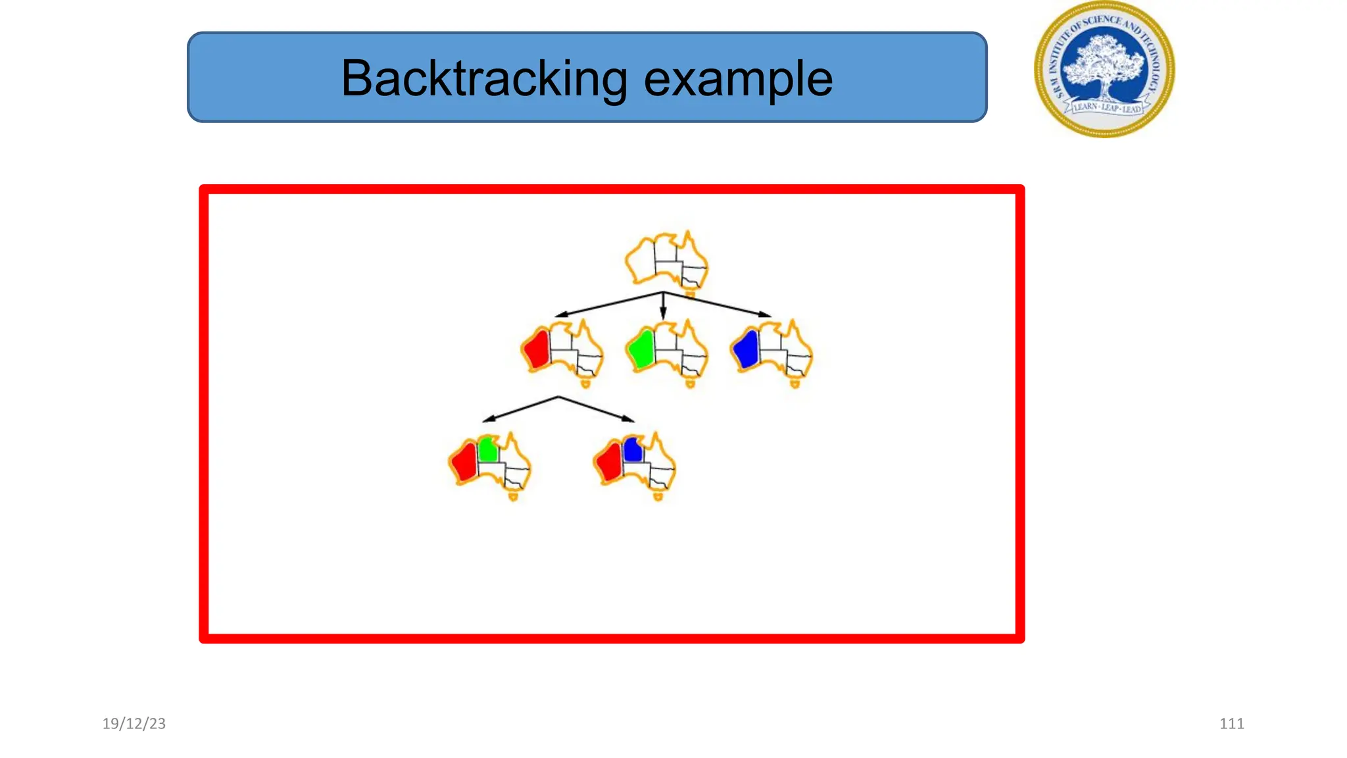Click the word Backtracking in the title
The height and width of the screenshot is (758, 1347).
pos(483,79)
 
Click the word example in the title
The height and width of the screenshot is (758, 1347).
pos(738,79)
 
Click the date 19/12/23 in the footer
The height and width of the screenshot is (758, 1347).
pos(134,723)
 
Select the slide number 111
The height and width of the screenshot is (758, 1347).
pos(1231,723)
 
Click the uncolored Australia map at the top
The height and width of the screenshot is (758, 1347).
pos(666,259)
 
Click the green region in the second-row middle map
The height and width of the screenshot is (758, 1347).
pos(641,349)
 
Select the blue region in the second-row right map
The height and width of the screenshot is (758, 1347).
pos(747,349)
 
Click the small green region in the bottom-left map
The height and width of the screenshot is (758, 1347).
pos(488,450)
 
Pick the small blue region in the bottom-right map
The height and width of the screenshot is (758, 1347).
pos(633,450)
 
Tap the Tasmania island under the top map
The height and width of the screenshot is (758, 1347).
pos(690,293)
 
